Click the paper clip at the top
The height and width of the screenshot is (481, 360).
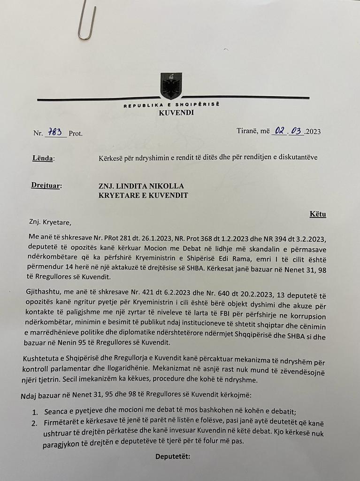pos(86,22)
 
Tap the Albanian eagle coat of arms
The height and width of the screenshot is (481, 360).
pos(171,85)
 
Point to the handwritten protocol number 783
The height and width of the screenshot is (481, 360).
pos(55,132)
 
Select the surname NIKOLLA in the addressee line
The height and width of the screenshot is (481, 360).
pos(165,186)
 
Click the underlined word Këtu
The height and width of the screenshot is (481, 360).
pos(318,214)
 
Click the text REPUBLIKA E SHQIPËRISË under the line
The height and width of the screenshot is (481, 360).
pos(172,105)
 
